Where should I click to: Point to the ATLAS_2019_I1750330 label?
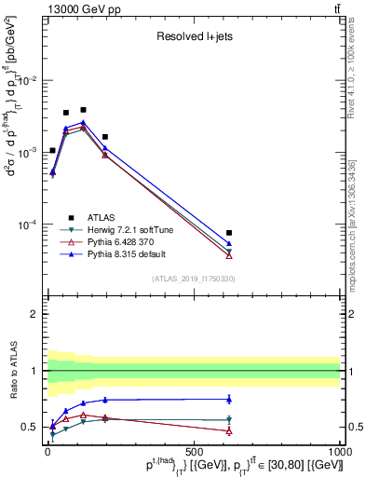194,279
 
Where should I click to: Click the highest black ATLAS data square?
83,110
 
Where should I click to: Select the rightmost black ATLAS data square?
229,233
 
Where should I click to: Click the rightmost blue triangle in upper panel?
229,243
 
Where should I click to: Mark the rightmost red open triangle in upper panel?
229,255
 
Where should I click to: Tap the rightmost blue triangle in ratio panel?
229,399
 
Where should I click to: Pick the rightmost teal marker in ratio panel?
229,419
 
